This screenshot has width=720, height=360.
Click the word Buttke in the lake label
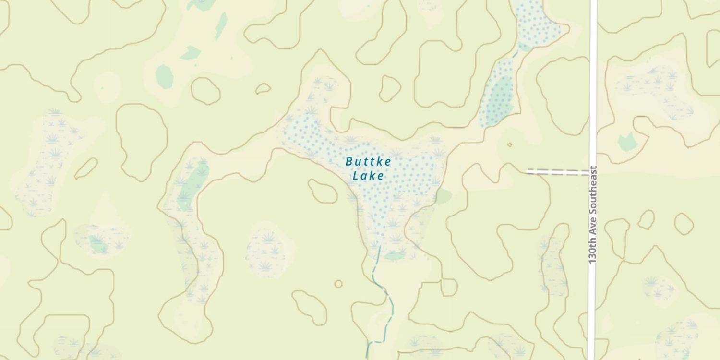(368, 162)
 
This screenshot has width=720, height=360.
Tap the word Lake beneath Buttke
(368, 176)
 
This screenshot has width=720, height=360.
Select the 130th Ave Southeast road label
(593, 214)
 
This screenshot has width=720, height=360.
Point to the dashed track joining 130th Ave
(558, 172)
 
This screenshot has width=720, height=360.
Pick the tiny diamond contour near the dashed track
(509, 144)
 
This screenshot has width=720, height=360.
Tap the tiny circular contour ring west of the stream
(338, 284)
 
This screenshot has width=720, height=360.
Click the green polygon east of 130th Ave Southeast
(626, 142)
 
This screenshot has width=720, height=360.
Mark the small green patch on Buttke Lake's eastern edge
(444, 196)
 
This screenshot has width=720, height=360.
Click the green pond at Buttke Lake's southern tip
(395, 256)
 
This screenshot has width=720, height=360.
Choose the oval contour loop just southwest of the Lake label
(323, 191)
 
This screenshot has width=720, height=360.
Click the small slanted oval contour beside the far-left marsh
(86, 168)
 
